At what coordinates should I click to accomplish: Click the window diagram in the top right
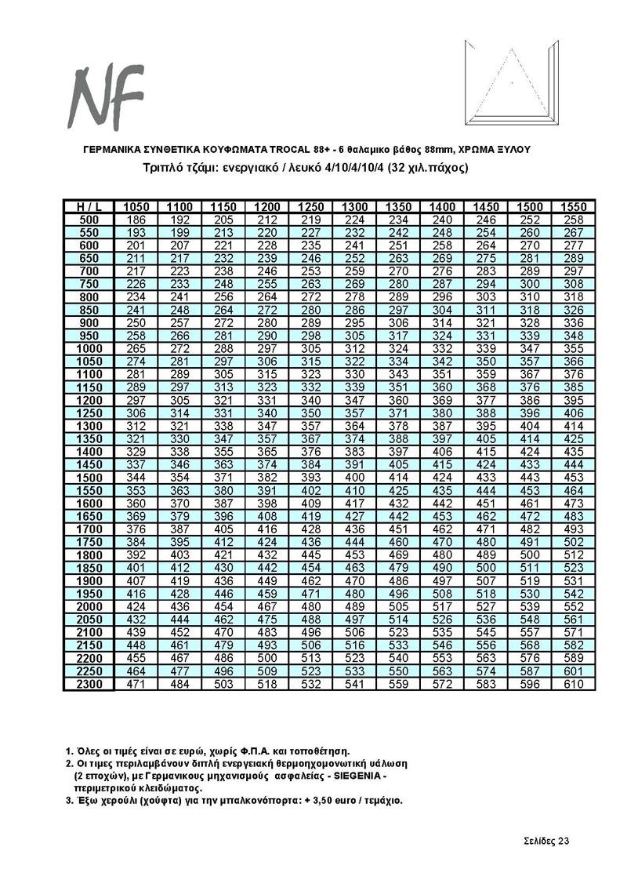511,83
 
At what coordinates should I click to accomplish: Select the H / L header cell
89,206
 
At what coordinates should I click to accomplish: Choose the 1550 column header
574,206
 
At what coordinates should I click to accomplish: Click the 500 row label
89,220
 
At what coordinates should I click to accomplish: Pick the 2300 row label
89,685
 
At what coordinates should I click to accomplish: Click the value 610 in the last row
574,685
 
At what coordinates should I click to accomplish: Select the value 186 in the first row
136,220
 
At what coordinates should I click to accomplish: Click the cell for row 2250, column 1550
574,671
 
